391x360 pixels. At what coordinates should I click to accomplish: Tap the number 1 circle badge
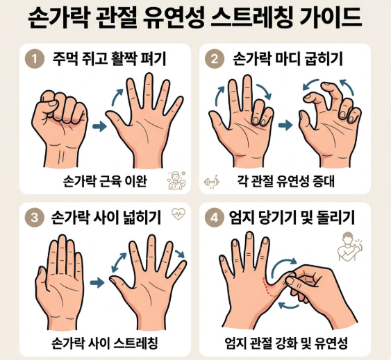[x=35, y=59]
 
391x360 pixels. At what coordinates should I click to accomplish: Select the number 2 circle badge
[x=214, y=59]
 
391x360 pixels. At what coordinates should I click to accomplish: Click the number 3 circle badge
[x=35, y=218]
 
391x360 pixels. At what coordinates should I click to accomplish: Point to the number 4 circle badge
[x=214, y=218]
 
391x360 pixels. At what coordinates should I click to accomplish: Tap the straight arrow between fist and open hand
[x=99, y=126]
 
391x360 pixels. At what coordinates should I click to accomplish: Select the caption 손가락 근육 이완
[x=105, y=182]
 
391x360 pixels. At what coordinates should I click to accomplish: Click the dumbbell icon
[x=211, y=182]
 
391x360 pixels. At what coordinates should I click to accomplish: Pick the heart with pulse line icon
[x=178, y=214]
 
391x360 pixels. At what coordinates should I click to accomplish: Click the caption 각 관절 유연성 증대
[x=285, y=182]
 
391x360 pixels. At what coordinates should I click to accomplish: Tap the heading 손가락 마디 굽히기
[x=288, y=59]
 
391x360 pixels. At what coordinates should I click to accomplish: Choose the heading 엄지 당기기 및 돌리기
[x=292, y=218]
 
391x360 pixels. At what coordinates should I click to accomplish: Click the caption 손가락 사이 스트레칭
[x=105, y=343]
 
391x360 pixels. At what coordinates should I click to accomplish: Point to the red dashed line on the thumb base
[x=269, y=288]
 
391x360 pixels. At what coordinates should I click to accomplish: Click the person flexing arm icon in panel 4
[x=349, y=246]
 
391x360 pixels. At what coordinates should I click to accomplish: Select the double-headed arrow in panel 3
[x=119, y=262]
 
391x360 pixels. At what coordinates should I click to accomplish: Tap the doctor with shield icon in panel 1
[x=176, y=180]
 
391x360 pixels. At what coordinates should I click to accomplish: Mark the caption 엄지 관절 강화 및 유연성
[x=286, y=343]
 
